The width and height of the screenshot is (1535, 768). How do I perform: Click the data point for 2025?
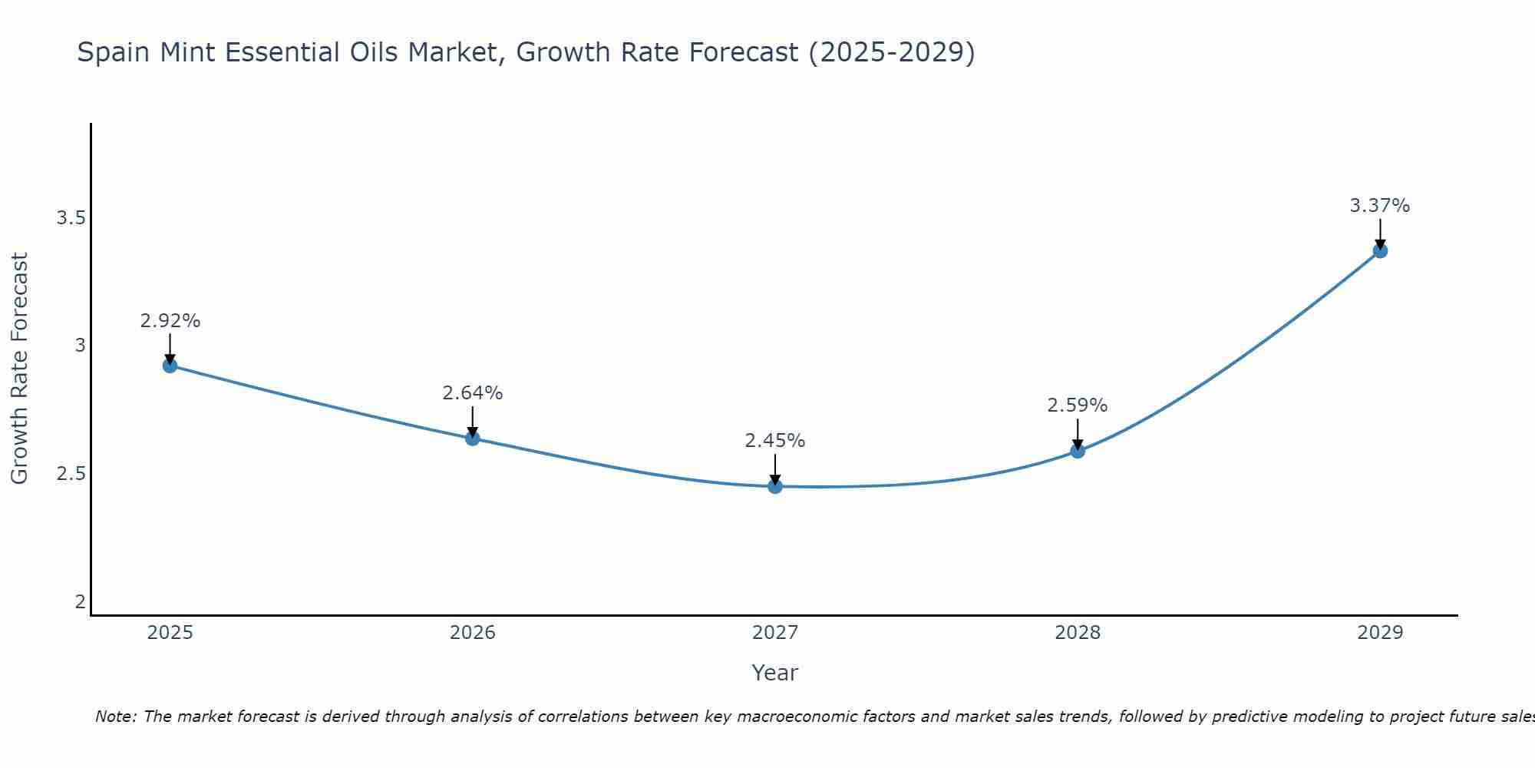click(170, 366)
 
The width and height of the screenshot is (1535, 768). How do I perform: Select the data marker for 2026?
click(472, 439)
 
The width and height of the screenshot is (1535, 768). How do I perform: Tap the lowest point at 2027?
click(774, 486)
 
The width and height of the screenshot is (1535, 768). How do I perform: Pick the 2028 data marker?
click(1077, 451)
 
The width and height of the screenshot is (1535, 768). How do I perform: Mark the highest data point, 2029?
click(1379, 250)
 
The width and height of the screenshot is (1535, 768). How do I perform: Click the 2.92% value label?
click(170, 321)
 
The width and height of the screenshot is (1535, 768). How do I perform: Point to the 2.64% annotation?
click(472, 393)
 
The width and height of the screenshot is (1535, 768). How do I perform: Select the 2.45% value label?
click(774, 441)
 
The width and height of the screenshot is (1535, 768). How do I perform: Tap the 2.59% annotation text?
click(1077, 406)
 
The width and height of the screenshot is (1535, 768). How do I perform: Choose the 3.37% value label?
click(1379, 206)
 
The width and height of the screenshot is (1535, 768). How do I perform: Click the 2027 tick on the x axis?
click(774, 633)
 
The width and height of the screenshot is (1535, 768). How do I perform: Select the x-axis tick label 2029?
click(1379, 633)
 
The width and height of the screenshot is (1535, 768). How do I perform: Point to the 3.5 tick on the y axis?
click(71, 218)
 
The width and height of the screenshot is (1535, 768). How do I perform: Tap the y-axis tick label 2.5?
click(71, 474)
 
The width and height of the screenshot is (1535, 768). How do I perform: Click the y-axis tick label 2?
click(80, 601)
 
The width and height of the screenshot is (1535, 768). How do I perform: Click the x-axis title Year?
click(774, 673)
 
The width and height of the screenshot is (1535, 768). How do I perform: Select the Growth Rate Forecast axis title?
click(19, 369)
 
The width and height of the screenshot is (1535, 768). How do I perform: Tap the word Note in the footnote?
click(115, 717)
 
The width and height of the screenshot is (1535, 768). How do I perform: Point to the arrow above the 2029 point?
click(1379, 233)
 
